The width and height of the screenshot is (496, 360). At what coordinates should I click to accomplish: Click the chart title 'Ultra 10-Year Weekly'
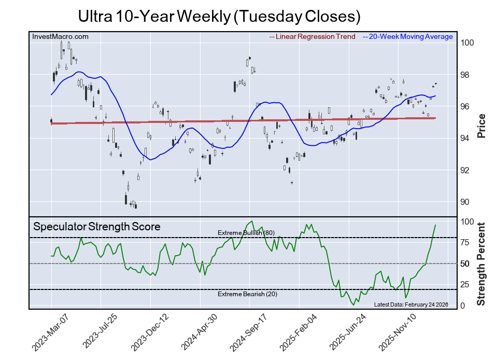pyautogui.click(x=219, y=16)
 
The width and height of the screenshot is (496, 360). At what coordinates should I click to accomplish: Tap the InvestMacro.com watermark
pyautogui.click(x=61, y=37)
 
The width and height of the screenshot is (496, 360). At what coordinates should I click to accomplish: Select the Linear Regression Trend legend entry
pyautogui.click(x=313, y=37)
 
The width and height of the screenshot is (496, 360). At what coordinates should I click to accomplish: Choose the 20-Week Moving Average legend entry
pyautogui.click(x=408, y=37)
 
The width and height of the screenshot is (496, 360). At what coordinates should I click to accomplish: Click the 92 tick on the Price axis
pyautogui.click(x=466, y=170)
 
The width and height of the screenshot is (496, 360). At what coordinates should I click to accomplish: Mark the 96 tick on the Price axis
pyautogui.click(x=466, y=106)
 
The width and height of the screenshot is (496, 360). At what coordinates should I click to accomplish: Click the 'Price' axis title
pyautogui.click(x=481, y=126)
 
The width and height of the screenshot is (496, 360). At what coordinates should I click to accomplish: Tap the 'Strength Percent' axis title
pyautogui.click(x=481, y=264)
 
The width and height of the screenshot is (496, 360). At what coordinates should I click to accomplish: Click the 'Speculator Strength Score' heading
pyautogui.click(x=97, y=227)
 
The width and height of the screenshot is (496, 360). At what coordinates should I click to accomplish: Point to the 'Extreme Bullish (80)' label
pyautogui.click(x=246, y=233)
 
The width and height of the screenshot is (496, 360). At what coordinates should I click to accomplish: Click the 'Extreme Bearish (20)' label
pyautogui.click(x=246, y=295)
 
